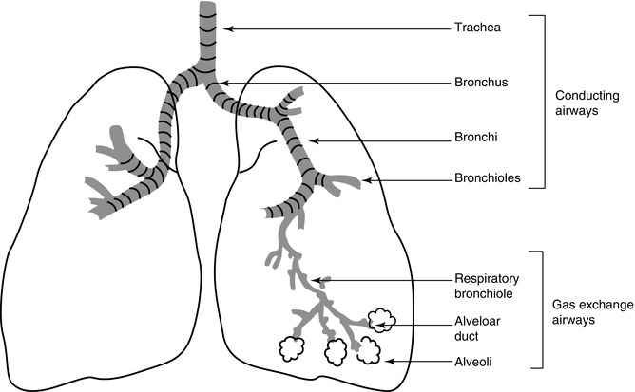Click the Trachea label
coord(476,28)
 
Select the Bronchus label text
coord(482,83)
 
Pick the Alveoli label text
coord(473,362)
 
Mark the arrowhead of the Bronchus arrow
coord(218,83)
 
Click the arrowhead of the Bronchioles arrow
coord(364,179)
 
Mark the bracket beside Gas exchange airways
coord(541,308)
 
